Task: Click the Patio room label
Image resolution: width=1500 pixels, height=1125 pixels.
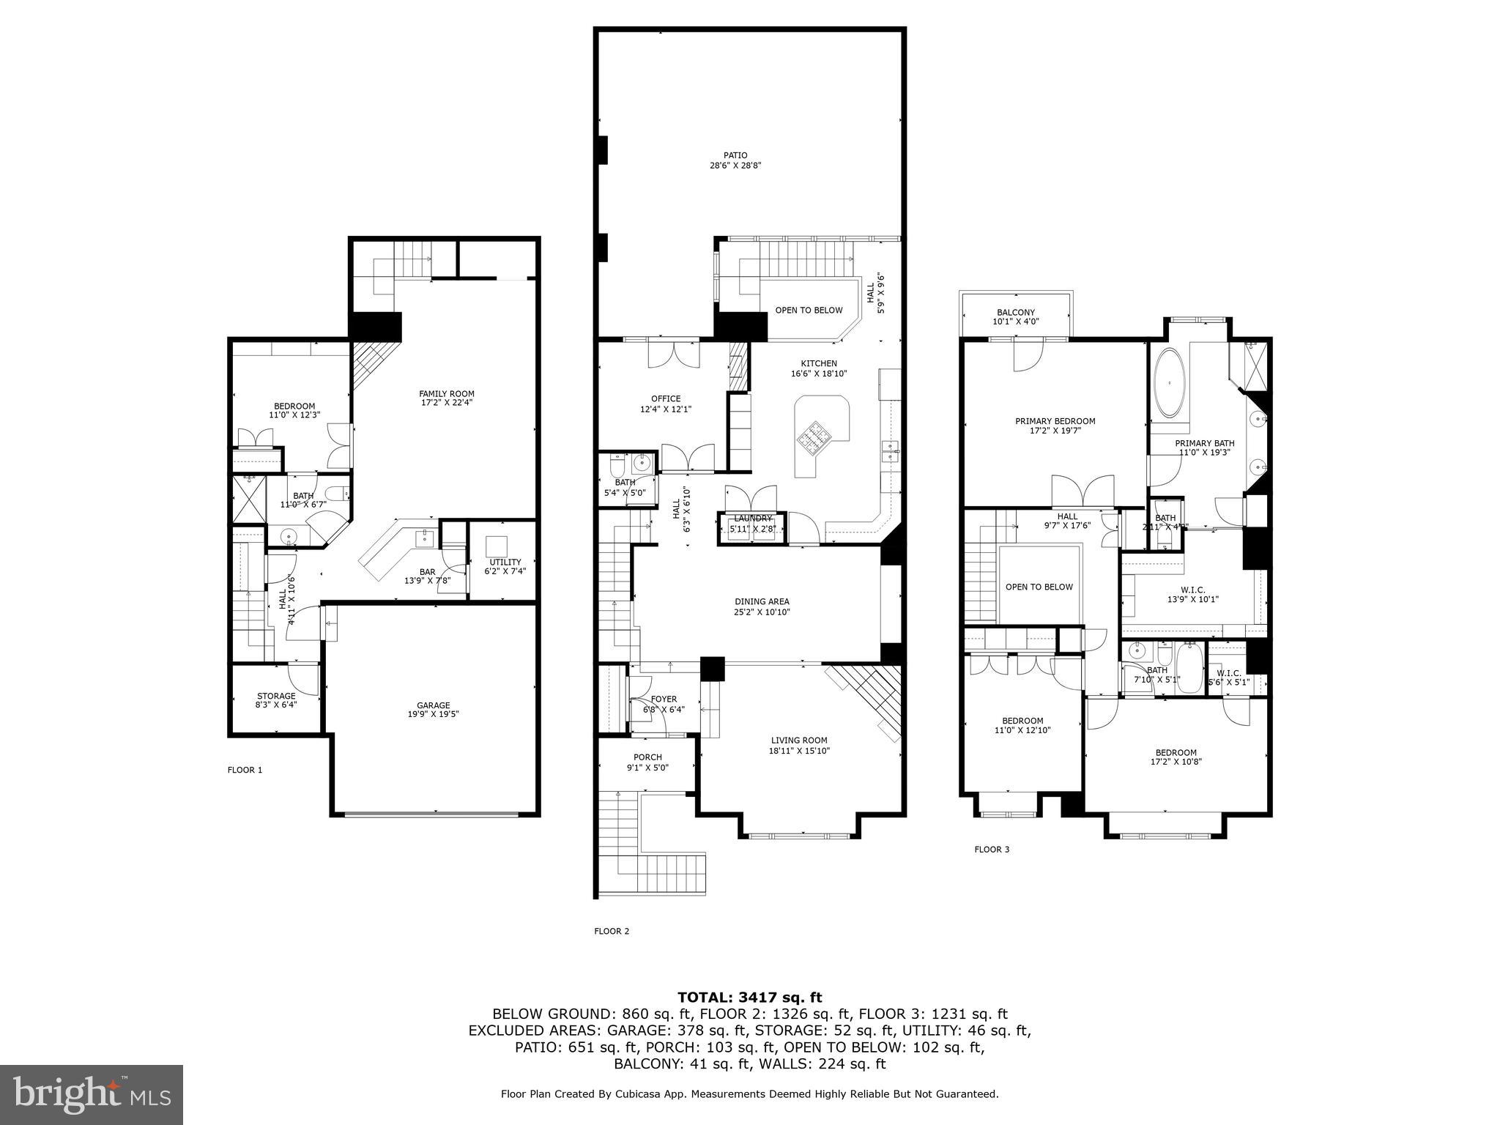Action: (735, 155)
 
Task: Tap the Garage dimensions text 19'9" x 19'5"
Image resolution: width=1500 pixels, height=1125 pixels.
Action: (434, 714)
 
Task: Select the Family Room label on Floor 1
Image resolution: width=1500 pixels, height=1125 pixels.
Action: (447, 393)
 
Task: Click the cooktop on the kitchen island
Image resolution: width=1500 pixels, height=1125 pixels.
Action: (815, 437)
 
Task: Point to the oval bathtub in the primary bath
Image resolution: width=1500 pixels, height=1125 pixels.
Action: (1170, 383)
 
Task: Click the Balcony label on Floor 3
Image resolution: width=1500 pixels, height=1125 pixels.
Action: (1016, 313)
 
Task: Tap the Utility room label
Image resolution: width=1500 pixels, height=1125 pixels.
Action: (505, 562)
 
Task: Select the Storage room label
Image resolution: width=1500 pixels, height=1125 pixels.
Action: (276, 696)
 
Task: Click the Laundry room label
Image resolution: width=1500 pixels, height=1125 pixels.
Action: (753, 519)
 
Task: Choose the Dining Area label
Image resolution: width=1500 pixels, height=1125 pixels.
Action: (762, 602)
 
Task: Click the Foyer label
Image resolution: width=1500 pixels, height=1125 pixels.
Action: (664, 699)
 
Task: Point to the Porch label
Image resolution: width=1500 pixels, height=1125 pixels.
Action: (647, 757)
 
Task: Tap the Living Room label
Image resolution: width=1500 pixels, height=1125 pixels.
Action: (799, 740)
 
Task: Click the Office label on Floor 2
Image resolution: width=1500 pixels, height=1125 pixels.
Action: (666, 399)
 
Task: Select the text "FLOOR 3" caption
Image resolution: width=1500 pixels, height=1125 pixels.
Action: (992, 850)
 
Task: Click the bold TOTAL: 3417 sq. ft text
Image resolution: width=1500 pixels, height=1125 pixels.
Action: (749, 997)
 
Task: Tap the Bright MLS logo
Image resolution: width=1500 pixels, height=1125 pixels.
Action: (92, 1094)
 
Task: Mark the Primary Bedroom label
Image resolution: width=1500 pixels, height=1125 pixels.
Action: (1055, 421)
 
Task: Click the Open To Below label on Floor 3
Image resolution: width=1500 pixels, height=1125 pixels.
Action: (1039, 587)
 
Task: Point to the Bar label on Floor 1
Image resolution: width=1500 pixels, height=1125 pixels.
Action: (427, 572)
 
